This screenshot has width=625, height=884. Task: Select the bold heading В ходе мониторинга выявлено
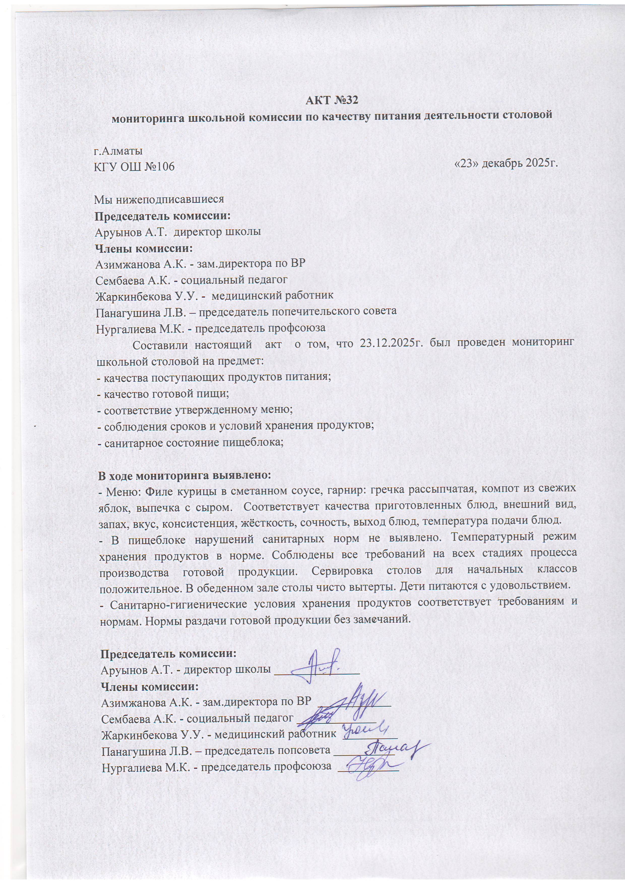pyautogui.click(x=185, y=475)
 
